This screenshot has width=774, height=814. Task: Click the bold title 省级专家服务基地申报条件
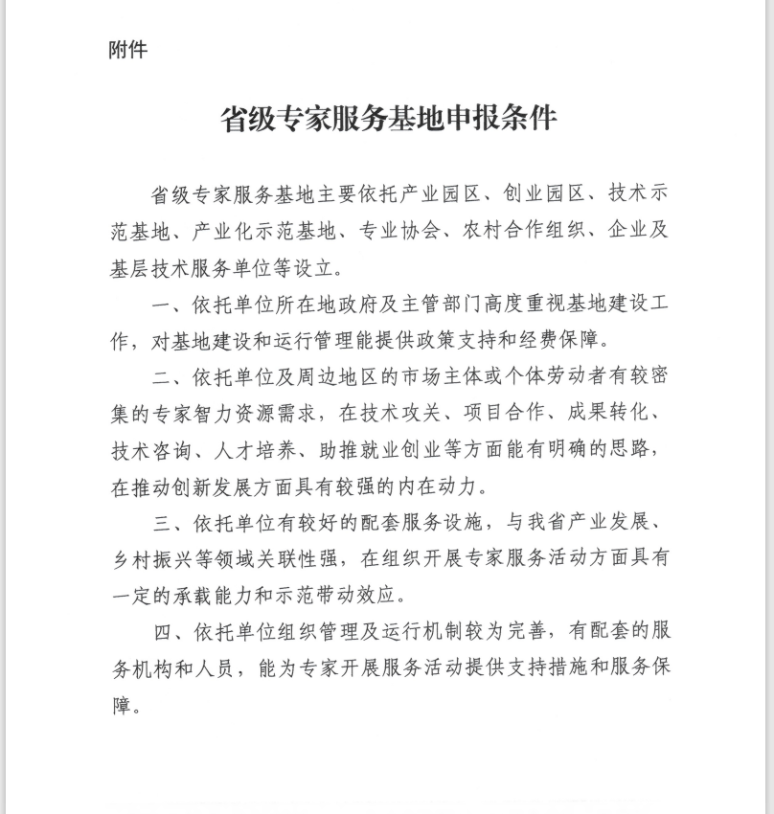pos(389,119)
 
